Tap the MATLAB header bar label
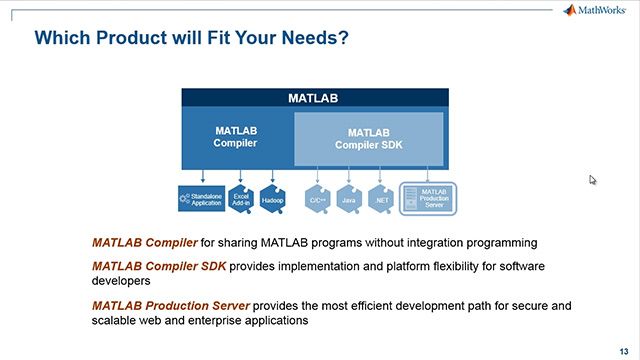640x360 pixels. pyautogui.click(x=313, y=99)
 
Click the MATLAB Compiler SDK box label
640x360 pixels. pyautogui.click(x=369, y=138)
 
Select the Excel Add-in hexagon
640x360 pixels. pyautogui.click(x=241, y=198)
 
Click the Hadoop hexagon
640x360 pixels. pyautogui.click(x=273, y=198)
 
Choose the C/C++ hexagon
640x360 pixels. pyautogui.click(x=316, y=199)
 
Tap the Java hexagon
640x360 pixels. pyautogui.click(x=347, y=199)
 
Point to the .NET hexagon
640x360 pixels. pyautogui.click(x=379, y=199)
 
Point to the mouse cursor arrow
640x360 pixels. pyautogui.click(x=592, y=180)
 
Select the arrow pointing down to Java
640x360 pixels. pyautogui.click(x=347, y=176)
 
